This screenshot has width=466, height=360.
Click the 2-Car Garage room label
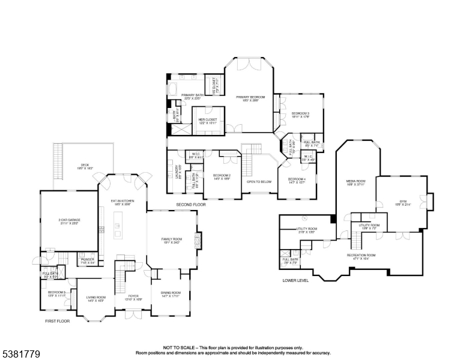click(x=70, y=220)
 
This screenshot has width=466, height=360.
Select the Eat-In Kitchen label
click(x=122, y=201)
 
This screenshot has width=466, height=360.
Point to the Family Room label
click(x=171, y=239)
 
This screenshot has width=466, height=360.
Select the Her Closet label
click(x=207, y=119)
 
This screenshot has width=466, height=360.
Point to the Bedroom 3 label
click(x=300, y=113)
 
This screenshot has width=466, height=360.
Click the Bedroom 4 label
click(x=297, y=179)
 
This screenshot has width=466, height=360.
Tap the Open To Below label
click(x=259, y=181)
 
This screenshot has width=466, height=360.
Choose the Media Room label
click(x=356, y=181)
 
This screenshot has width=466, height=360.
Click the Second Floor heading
click(x=191, y=205)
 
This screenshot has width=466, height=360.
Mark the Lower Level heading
click(x=295, y=280)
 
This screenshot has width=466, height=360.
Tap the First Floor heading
click(x=58, y=321)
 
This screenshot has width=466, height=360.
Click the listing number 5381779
click(x=21, y=355)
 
